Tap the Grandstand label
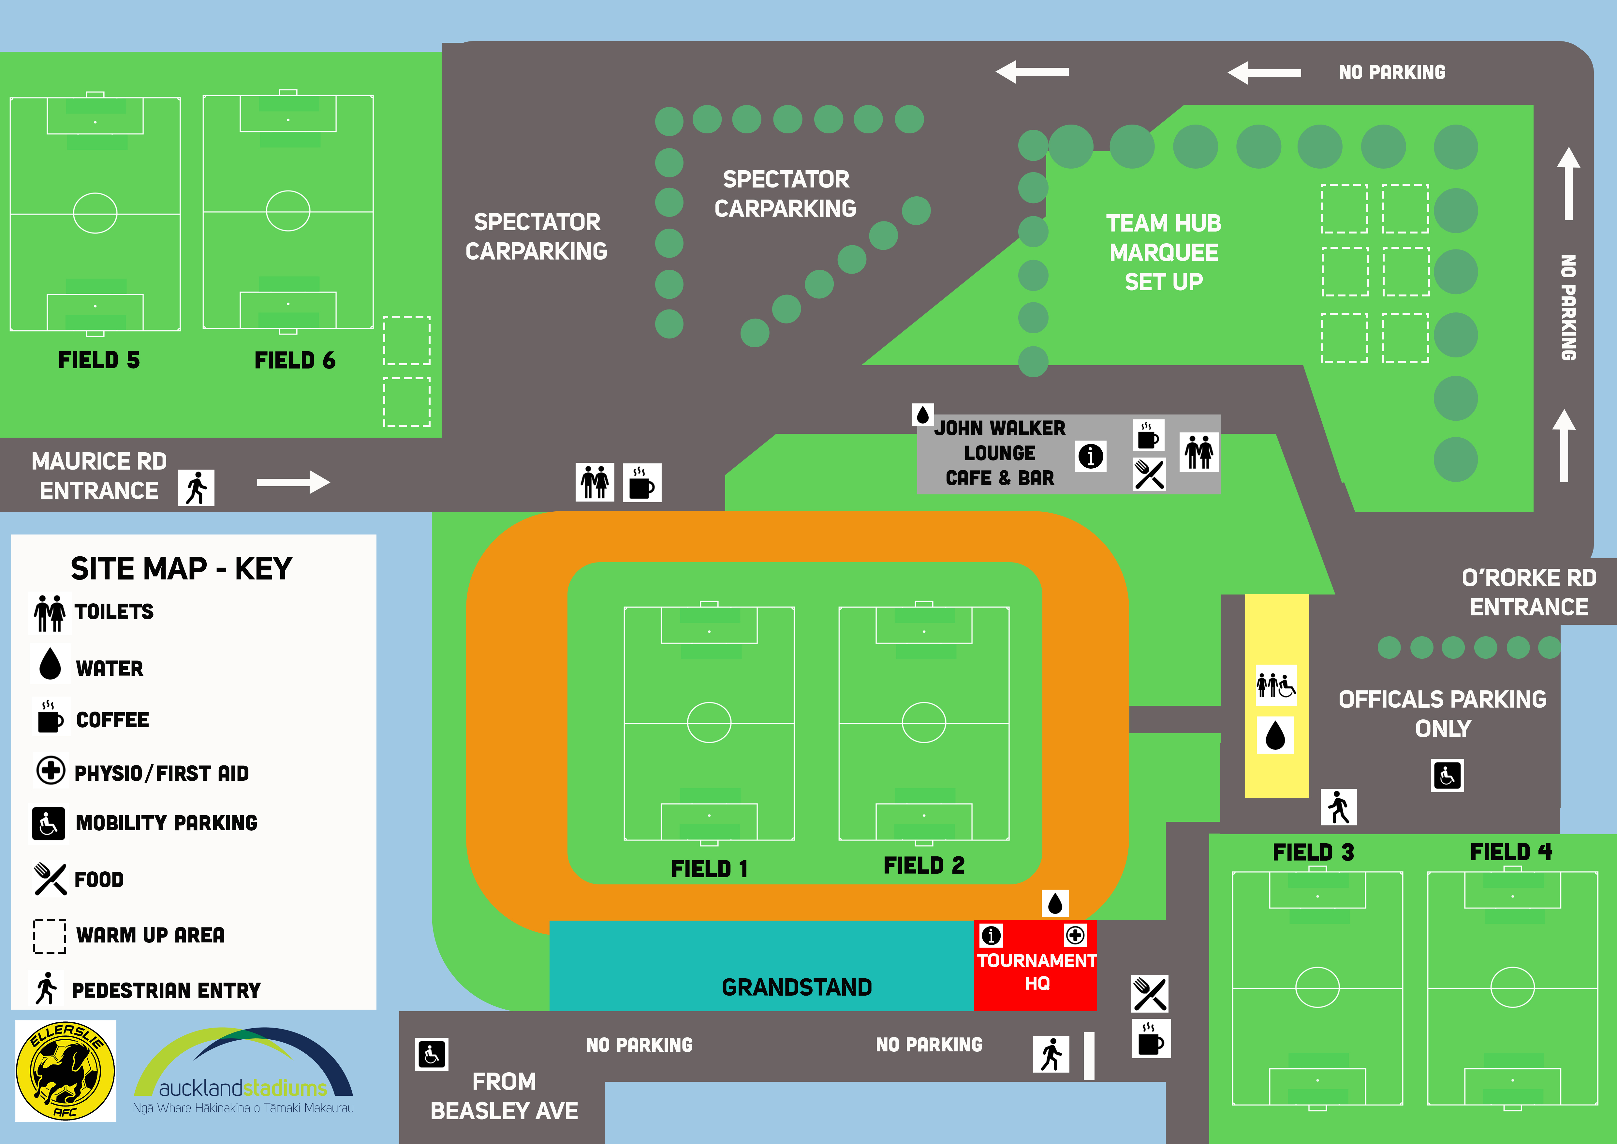(x=797, y=987)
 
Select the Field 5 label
(x=98, y=360)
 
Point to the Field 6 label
(x=294, y=360)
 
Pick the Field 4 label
(x=1511, y=852)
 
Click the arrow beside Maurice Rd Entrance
(x=293, y=483)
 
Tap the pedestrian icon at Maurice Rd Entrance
(x=197, y=488)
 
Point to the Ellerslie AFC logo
(x=66, y=1071)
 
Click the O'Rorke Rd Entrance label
(x=1528, y=592)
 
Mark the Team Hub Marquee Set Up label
(x=1164, y=252)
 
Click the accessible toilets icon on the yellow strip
(x=1276, y=685)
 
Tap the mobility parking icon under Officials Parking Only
(x=1447, y=775)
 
